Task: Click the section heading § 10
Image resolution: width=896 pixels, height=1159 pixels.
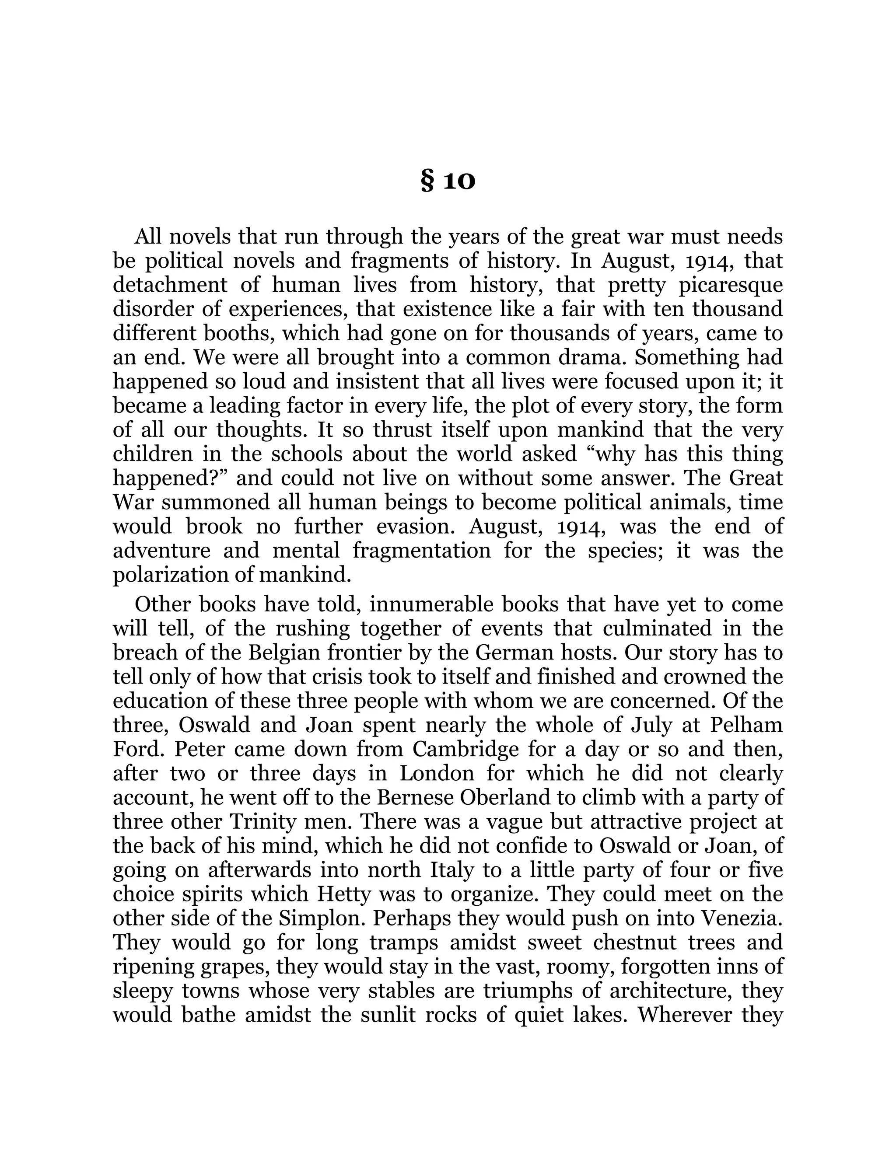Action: click(x=448, y=182)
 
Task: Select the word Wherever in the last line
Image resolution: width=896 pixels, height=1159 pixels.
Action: click(x=685, y=1015)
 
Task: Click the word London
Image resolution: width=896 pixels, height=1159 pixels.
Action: click(x=436, y=773)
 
